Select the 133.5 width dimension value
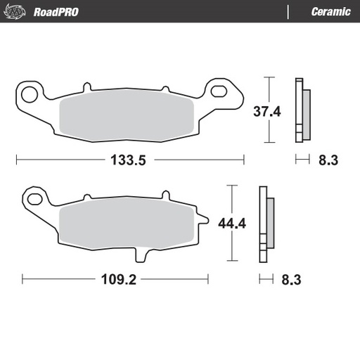(x=127, y=160)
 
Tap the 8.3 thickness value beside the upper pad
(x=328, y=160)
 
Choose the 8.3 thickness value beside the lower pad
(x=291, y=279)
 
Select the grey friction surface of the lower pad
(x=127, y=223)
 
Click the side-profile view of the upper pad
(x=303, y=110)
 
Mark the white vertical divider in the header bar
(x=289, y=12)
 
